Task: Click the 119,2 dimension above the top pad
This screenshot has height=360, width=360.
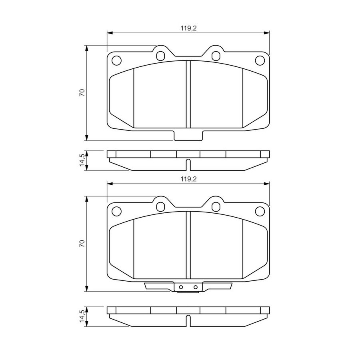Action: coord(189,28)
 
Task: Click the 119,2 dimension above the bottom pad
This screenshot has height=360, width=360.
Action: coord(189,179)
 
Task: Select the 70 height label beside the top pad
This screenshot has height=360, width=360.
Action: coord(82,92)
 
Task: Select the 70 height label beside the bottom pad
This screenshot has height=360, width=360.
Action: coord(82,243)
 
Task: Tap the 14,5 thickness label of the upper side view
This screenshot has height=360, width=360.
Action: coord(82,160)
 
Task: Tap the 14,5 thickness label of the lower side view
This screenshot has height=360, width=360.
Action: coord(82,316)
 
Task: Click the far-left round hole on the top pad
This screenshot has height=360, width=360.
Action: coord(116,61)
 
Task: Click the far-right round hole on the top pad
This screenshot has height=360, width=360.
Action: coord(260,60)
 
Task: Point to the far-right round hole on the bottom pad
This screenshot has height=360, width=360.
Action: coord(260,211)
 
